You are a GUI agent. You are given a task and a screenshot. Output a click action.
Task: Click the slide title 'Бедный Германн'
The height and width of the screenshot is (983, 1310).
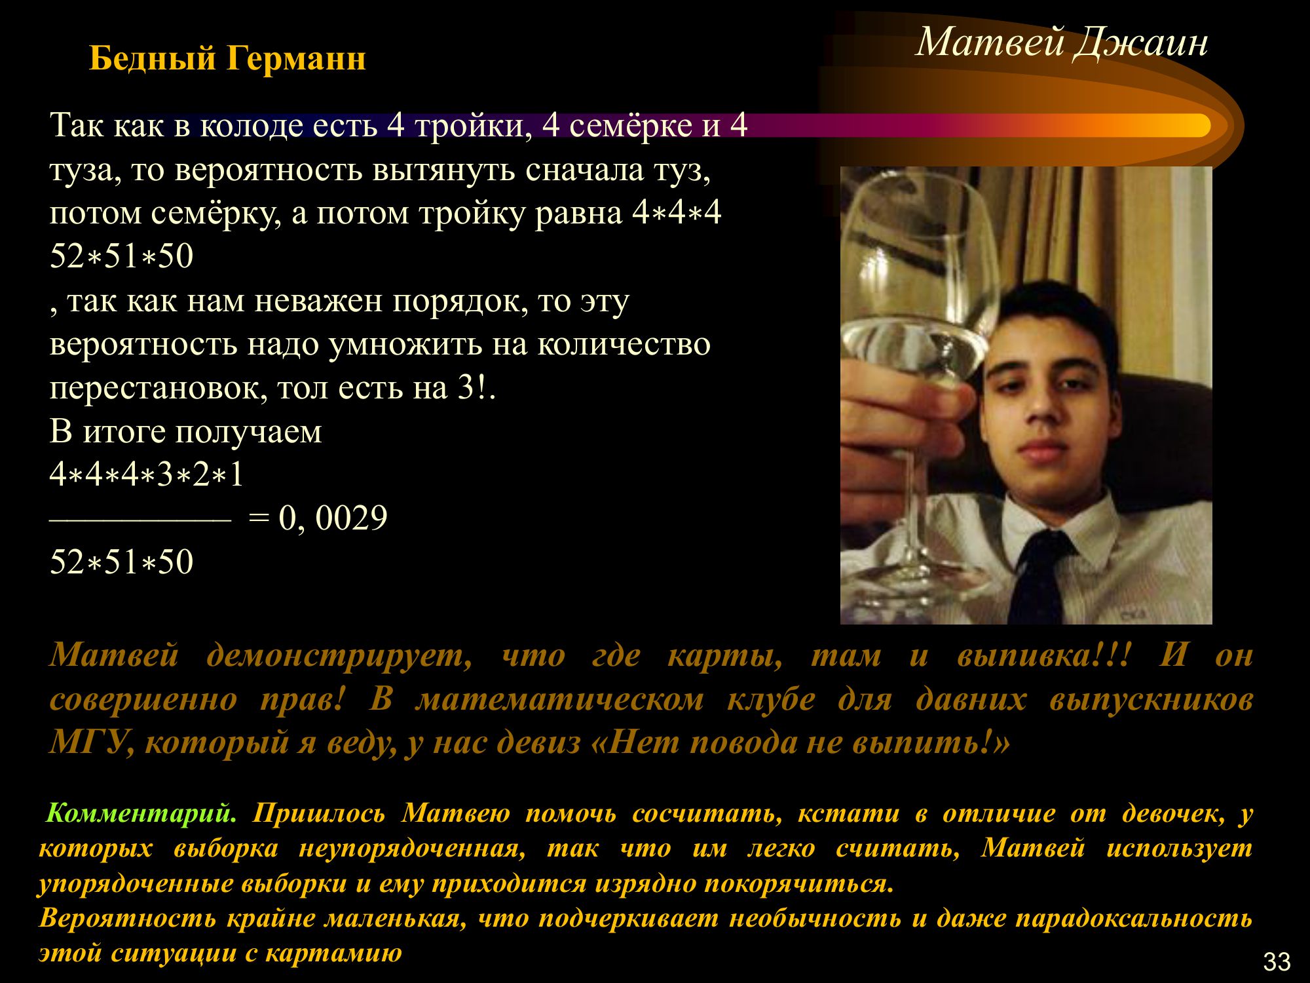(227, 59)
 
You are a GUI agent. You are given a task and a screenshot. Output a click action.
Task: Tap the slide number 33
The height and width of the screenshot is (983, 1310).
(1277, 961)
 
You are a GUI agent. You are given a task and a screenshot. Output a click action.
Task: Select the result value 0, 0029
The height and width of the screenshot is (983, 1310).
(333, 518)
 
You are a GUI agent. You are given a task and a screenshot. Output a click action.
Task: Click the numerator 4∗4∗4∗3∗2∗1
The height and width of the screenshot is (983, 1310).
(147, 474)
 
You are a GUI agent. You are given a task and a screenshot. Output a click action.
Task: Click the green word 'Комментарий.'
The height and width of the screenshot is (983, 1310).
(141, 813)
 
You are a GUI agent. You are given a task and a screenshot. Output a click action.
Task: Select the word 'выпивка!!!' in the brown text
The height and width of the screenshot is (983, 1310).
(1044, 655)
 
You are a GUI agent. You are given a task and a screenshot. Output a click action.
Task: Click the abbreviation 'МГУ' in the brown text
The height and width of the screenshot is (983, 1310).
(87, 742)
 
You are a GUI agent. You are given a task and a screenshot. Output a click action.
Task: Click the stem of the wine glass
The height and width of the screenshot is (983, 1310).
(910, 498)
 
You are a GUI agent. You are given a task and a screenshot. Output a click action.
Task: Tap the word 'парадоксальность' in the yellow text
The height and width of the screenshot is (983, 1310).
(1134, 919)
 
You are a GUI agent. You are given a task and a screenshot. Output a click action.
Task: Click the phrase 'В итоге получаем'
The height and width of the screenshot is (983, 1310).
(186, 433)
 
